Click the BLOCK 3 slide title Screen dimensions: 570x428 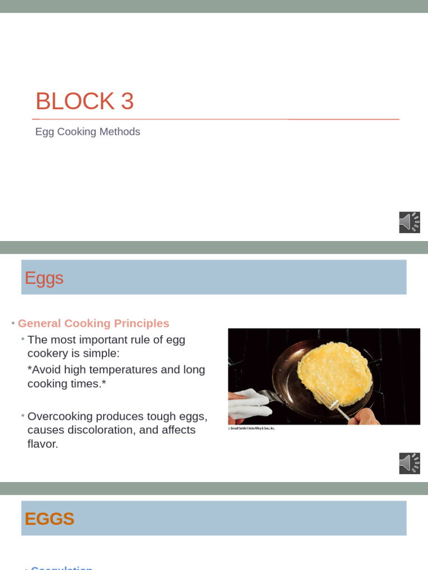point(84,102)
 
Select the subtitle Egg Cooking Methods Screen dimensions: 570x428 point(87,132)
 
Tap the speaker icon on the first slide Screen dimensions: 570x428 point(409,222)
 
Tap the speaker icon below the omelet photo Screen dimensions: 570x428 point(409,463)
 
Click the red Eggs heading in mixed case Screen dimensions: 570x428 point(44,278)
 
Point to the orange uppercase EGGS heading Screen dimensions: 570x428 point(50,519)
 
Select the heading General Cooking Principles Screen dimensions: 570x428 point(94,323)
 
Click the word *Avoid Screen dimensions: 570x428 point(44,370)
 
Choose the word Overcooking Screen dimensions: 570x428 point(60,416)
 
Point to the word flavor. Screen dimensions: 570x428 point(42,444)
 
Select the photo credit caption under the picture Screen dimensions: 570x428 point(252,429)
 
